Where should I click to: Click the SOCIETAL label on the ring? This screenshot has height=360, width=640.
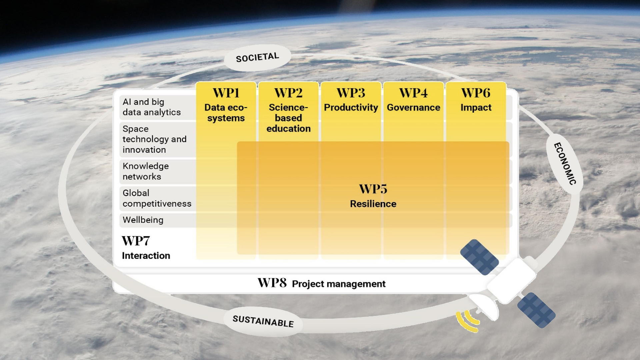257,57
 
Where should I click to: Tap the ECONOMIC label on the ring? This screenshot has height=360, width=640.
565,164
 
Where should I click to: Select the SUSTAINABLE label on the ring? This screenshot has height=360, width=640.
263,321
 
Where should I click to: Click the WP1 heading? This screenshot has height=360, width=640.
226,93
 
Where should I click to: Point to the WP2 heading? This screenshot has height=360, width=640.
288,93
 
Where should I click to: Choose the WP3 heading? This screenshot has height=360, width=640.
351,93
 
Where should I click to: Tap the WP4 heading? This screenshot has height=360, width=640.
413,93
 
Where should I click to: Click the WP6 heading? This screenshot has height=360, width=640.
476,93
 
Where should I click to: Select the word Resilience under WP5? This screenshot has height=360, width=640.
373,204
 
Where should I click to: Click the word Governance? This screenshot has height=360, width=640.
413,107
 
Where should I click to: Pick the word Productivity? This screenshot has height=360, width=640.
351,108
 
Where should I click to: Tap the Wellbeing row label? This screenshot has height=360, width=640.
143,220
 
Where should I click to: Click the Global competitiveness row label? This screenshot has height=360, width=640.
157,198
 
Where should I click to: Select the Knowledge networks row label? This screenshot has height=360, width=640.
146,171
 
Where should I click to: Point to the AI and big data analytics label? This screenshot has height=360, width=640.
152,107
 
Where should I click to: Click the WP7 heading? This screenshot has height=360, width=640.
136,241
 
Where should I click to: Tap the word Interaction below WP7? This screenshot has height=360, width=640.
146,256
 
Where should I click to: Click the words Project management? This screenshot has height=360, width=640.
339,284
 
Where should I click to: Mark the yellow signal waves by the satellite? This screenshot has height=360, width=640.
468,321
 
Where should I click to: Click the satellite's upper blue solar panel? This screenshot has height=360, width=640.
479,257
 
